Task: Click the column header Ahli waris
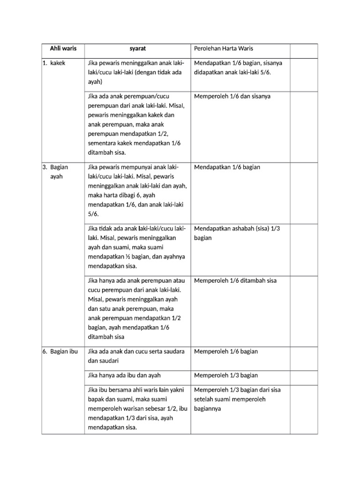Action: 63,49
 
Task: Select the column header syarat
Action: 138,49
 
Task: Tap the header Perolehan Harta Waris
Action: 223,49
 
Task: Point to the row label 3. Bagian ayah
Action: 57,172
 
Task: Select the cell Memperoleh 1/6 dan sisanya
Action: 232,96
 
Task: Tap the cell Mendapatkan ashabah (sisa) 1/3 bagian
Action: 236,233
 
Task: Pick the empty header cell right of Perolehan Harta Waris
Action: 304,49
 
